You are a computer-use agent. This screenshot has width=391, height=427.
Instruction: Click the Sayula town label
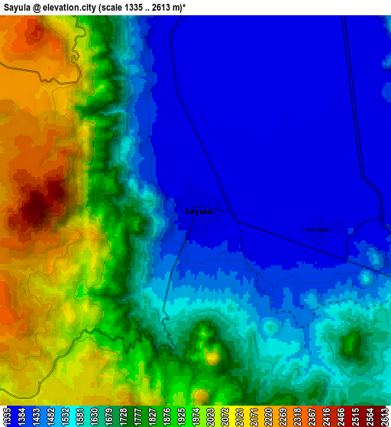[199, 211]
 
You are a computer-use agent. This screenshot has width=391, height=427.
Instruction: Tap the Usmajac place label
[315, 229]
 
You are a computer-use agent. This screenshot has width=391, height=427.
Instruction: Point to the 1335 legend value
[7, 416]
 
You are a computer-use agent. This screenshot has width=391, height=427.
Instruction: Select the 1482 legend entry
[50, 416]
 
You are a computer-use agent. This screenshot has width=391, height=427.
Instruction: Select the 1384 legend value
[21, 416]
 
